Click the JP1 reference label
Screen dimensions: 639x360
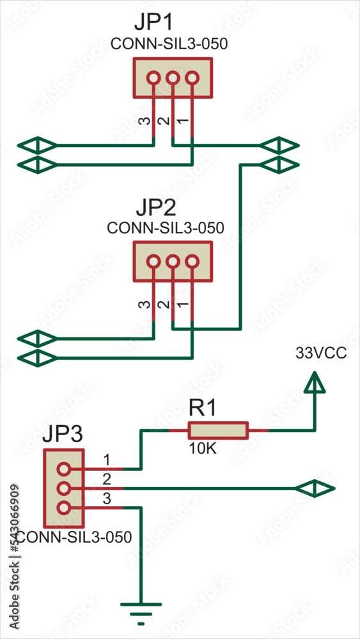coord(154,23)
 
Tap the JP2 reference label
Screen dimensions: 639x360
coord(157,209)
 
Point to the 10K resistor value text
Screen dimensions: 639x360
coord(203,449)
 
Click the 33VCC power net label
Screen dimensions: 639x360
coord(321,353)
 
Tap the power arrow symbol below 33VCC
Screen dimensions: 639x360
coord(315,383)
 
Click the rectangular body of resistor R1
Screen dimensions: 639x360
coord(217,431)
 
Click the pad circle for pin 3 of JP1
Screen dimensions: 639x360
coord(153,79)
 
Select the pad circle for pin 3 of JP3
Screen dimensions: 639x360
coord(63,508)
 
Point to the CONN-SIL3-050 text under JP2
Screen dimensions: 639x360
coord(166,228)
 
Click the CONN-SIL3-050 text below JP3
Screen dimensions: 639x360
coord(74,537)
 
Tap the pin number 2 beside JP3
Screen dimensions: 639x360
coord(107,479)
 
